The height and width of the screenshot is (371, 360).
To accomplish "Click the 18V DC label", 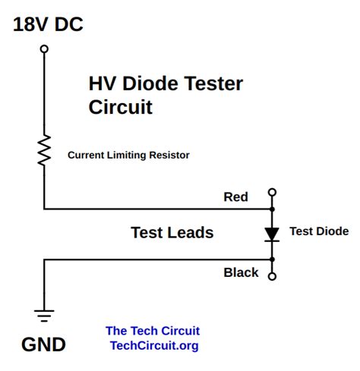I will (x=48, y=25).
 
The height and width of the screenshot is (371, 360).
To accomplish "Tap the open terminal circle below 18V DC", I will (x=44, y=49).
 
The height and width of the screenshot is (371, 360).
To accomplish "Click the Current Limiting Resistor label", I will (x=128, y=156).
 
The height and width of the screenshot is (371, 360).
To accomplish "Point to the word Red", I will (x=235, y=197).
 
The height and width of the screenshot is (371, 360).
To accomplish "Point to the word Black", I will (x=241, y=272).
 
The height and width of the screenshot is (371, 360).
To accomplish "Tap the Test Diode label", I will (x=319, y=231).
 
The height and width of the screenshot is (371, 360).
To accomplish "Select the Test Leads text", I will (x=172, y=233).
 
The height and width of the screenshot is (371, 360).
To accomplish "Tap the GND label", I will (x=43, y=345).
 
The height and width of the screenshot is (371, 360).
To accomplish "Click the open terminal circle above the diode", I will (x=273, y=193).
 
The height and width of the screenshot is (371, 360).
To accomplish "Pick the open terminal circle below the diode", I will (x=273, y=276).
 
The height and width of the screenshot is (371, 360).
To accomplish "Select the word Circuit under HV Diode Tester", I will (x=121, y=108).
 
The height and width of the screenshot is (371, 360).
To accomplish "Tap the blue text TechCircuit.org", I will (x=154, y=346).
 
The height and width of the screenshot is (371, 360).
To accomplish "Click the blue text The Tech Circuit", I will (x=153, y=331).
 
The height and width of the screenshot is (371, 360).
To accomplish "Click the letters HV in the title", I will (x=102, y=84).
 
